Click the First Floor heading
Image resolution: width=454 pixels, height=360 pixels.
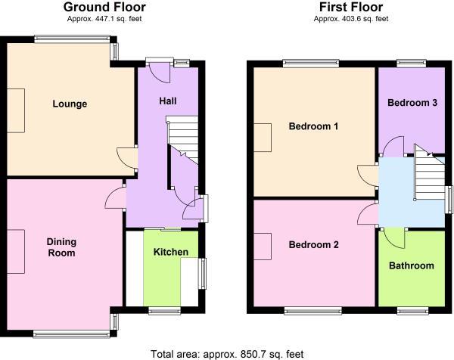tap(350, 7)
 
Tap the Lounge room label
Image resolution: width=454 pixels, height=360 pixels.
tap(70, 104)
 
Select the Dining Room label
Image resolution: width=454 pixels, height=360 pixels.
tap(61, 247)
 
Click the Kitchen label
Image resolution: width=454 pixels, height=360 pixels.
tap(171, 252)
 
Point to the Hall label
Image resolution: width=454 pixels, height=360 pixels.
tap(168, 101)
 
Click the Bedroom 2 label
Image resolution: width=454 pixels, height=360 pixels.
tap(313, 245)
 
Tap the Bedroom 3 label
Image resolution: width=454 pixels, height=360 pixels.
tap(412, 103)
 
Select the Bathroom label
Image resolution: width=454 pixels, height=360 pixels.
tap(412, 265)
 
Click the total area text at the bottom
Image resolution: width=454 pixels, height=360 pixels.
tap(226, 352)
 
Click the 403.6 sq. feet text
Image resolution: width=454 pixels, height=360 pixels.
tap(350, 18)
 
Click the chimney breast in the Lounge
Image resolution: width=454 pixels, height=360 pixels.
tap(16, 104)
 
